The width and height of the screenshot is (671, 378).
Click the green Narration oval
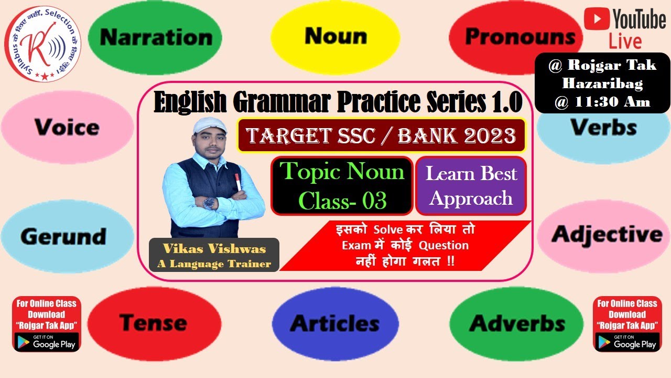tap(155, 37)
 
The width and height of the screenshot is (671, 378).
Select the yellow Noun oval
tap(335, 36)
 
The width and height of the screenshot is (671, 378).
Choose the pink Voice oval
tap(67, 127)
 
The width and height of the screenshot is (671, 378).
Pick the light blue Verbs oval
tap(603, 128)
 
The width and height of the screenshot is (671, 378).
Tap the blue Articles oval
tap(335, 323)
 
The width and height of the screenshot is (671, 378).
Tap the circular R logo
tap(43, 44)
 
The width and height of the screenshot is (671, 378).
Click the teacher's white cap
tap(210, 127)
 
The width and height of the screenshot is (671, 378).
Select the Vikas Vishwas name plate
tap(214, 255)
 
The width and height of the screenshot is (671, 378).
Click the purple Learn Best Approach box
tap(471, 186)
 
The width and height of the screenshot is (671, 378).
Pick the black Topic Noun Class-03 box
tap(342, 186)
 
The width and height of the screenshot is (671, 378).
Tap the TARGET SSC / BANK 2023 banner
tap(381, 136)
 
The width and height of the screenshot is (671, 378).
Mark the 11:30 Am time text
tap(602, 102)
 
